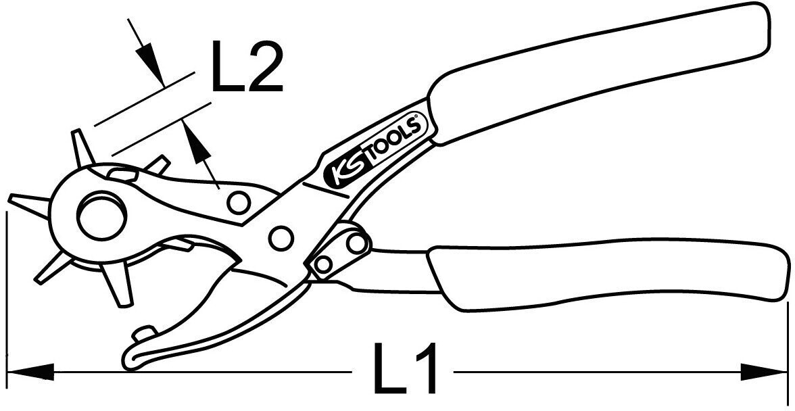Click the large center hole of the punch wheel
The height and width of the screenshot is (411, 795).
101,216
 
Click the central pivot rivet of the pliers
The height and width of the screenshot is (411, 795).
280,236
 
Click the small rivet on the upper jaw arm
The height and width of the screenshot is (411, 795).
237,201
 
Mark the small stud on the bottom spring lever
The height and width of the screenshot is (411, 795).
143,334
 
